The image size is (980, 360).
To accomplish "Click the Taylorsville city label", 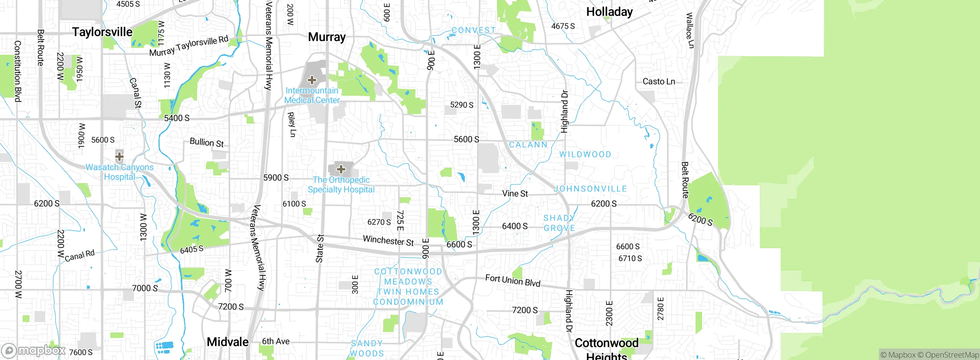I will [x=102, y=32].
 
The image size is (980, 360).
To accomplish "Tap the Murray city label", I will [x=327, y=37].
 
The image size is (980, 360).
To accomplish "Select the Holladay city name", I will [x=609, y=12].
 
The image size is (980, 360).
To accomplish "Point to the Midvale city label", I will [x=228, y=342].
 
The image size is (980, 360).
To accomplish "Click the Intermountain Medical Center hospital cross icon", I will [x=312, y=80].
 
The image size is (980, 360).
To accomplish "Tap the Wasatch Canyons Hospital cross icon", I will [x=119, y=156].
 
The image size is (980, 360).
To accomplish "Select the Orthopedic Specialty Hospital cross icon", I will [x=341, y=169].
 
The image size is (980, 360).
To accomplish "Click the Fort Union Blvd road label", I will [x=513, y=280].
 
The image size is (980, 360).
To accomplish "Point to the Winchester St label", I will [x=388, y=241].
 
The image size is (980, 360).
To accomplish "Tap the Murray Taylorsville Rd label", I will [x=189, y=46].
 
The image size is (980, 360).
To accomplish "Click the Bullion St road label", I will [x=207, y=142].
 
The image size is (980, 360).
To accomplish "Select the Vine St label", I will [x=515, y=194].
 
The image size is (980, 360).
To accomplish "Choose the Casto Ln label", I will [x=658, y=82].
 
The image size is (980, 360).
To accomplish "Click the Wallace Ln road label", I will [x=689, y=31].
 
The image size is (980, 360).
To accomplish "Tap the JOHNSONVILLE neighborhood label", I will [x=590, y=189].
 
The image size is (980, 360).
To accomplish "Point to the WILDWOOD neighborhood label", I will [x=585, y=154].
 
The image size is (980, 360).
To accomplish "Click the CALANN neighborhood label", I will [x=528, y=145].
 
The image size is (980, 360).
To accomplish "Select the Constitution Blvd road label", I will [x=17, y=71].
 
